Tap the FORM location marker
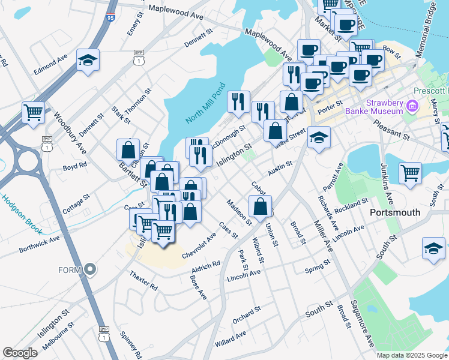91,269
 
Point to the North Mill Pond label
205,103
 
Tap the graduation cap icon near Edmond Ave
88,60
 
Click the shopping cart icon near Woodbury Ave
34,112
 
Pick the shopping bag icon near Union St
261,206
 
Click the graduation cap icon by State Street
319,137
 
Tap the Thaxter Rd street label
143,280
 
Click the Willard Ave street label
231,339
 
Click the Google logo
20,353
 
